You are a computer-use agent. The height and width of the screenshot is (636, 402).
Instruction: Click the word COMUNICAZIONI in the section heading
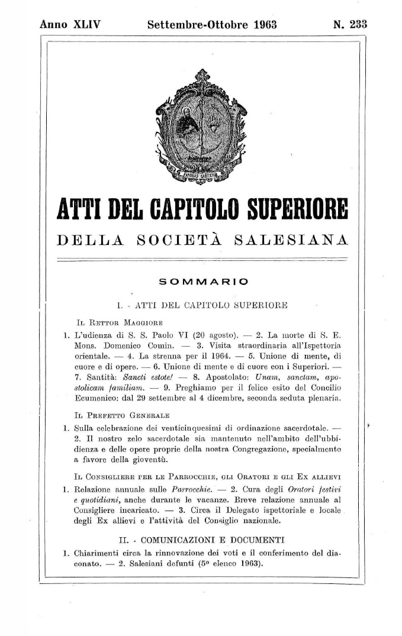[175, 540]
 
